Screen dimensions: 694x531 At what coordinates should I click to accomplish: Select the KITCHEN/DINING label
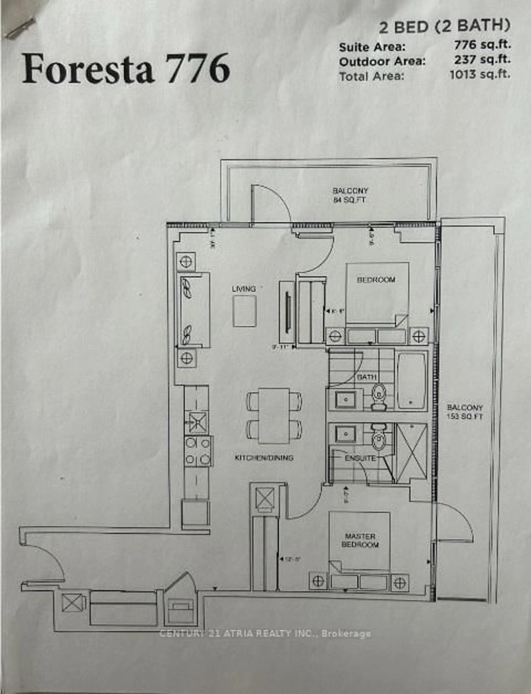264,458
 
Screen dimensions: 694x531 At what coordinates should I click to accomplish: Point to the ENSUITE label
360,458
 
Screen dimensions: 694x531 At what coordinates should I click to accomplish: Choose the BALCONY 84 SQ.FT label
350,195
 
